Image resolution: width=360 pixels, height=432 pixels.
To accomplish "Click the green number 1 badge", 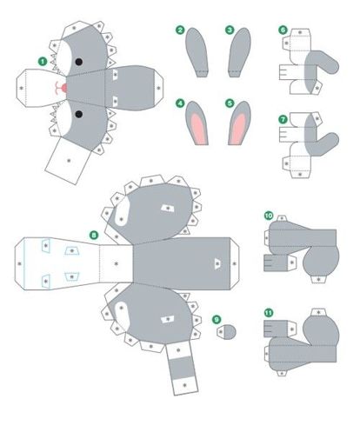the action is pyautogui.click(x=43, y=62).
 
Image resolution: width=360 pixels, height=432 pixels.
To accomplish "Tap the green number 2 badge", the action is pyautogui.click(x=180, y=30).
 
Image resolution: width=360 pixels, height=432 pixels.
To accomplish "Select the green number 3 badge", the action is pyautogui.click(x=230, y=30).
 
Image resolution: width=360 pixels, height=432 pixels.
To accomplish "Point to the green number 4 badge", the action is pyautogui.click(x=180, y=103).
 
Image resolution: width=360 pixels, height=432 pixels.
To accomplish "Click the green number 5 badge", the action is pyautogui.click(x=230, y=103).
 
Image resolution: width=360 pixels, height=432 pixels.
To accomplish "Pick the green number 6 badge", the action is pyautogui.click(x=283, y=30).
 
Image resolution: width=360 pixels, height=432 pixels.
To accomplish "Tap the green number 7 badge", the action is pyautogui.click(x=283, y=119).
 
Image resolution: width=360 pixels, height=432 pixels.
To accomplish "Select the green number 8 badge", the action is pyautogui.click(x=94, y=235).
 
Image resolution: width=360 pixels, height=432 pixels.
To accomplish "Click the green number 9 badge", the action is pyautogui.click(x=217, y=320).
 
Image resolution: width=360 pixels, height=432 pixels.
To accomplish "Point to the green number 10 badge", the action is pyautogui.click(x=269, y=216).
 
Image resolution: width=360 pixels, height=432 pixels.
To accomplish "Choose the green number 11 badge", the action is pyautogui.click(x=269, y=313).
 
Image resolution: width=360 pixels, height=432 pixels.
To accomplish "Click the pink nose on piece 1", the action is pyautogui.click(x=63, y=88).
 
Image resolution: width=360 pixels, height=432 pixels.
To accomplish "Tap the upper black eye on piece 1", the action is pyautogui.click(x=78, y=62).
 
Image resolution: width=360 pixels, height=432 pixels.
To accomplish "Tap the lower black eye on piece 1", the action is pyautogui.click(x=78, y=114).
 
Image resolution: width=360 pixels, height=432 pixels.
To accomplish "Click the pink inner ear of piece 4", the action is pyautogui.click(x=199, y=130).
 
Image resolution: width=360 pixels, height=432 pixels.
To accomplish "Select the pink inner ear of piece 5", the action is pyautogui.click(x=237, y=130).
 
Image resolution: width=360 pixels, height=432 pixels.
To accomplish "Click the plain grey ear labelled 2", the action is pyautogui.click(x=197, y=52).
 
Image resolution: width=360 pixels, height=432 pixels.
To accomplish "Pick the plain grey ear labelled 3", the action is pyautogui.click(x=239, y=52).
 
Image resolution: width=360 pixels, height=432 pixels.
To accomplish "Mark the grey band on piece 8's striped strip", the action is pyautogui.click(x=182, y=368).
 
